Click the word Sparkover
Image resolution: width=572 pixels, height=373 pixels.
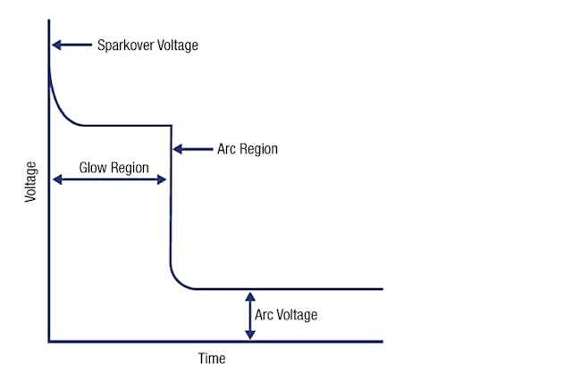125,45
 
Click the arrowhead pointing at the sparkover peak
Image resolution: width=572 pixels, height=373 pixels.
55,45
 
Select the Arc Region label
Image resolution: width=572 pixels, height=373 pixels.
248,149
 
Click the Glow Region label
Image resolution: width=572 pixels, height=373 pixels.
113,167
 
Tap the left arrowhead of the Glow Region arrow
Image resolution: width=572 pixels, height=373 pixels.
55,179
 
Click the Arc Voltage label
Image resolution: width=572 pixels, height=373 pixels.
286,315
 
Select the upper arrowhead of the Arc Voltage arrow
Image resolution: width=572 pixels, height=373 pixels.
250,295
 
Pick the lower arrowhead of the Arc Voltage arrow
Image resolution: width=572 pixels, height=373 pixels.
250,335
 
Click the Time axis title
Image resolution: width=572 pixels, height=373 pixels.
211,359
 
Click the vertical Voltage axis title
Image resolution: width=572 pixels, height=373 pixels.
31,181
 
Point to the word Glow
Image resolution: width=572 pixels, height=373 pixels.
94,167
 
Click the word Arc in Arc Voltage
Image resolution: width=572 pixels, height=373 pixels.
265,315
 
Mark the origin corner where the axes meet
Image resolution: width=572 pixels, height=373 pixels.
49,341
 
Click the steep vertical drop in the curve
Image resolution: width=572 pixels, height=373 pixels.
170,205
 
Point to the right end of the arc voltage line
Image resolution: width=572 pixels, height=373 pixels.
382,289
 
